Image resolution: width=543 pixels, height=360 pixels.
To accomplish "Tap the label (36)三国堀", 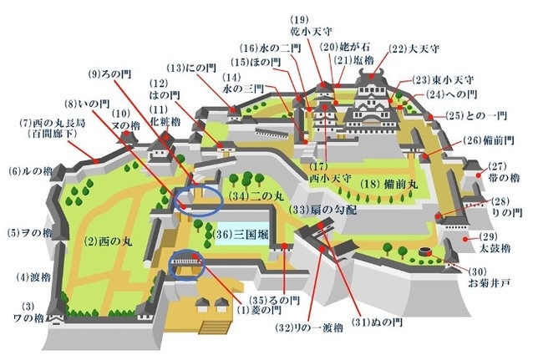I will tap(240, 234).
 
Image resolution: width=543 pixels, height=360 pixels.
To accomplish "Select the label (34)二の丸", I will tap(251, 198).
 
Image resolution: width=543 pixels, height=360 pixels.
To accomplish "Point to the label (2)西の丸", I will tap(102, 241).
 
